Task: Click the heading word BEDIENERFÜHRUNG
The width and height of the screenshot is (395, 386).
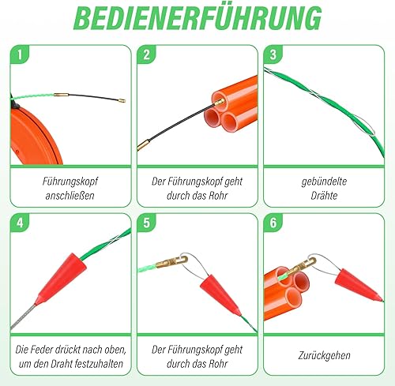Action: [197, 18]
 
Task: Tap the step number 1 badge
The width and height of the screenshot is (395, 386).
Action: [20, 54]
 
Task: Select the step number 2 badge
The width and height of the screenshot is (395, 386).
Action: [146, 54]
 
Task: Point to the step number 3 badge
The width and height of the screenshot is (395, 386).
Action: [273, 54]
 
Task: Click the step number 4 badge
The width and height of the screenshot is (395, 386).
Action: [20, 223]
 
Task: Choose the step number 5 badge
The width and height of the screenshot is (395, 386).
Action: [146, 223]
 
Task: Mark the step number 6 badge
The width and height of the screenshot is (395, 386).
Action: [273, 223]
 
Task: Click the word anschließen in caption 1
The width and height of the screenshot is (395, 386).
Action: [70, 196]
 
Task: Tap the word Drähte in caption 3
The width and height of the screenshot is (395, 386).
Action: [324, 196]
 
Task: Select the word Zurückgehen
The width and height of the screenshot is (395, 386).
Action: [324, 355]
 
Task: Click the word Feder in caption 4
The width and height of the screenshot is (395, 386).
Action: [38, 350]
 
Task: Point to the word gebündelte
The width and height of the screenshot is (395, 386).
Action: [324, 182]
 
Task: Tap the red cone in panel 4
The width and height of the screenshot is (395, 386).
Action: [62, 279]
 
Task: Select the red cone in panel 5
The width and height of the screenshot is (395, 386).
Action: [220, 294]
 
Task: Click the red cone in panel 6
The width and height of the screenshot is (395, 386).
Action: [358, 285]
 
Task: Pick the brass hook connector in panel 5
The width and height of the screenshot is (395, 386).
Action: [171, 262]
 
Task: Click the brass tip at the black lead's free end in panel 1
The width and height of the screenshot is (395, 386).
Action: [122, 100]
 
